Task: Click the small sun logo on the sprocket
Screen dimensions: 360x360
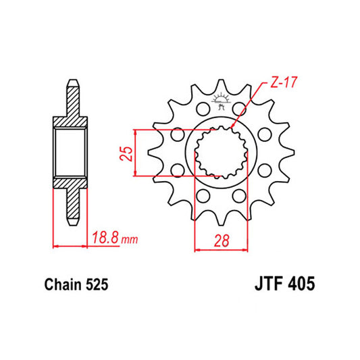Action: pyautogui.click(x=220, y=103)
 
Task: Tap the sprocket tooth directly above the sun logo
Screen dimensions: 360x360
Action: pyautogui.click(x=220, y=86)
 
